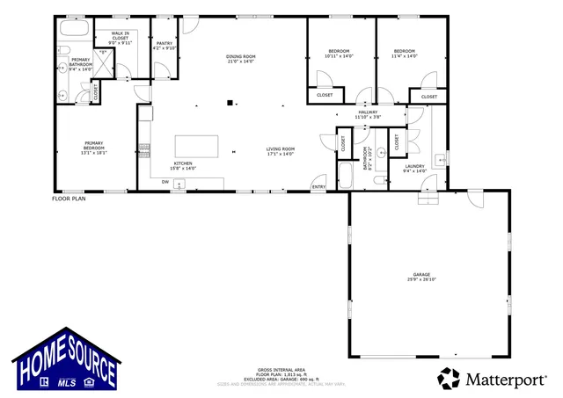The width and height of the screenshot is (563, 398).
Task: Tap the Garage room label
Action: pos(421,276)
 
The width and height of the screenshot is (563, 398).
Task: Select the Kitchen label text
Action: pos(183,165)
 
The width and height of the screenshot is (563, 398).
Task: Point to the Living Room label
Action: pos(281,151)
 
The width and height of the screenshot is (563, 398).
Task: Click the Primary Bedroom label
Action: pos(94,148)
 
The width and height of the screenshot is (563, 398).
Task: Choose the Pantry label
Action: pos(165,45)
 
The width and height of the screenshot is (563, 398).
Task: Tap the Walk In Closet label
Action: pos(120,39)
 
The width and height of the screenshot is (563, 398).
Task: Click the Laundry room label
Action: pos(414,168)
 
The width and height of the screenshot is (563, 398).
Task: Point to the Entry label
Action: pos(318,186)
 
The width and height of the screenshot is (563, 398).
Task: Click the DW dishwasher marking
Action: pos(165,182)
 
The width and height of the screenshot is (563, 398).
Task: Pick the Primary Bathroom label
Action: pos(81,66)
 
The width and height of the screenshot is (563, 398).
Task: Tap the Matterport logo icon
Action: pos(450,379)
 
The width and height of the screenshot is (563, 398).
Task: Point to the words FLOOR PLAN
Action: pos(69,199)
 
